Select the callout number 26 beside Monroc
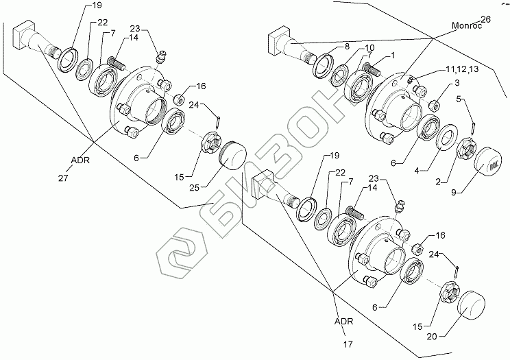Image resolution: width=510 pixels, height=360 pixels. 486,19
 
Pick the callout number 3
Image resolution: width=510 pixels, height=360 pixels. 452,83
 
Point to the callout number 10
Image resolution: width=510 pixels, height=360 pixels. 360,48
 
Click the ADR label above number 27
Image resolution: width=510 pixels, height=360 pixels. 79,163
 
